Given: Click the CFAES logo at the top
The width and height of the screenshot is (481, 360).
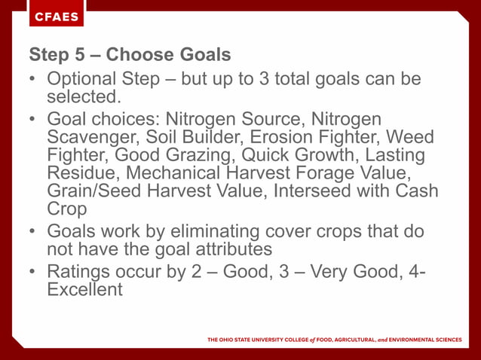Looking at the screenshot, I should (x=57, y=17).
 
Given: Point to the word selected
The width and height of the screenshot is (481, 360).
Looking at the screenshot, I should (x=84, y=96).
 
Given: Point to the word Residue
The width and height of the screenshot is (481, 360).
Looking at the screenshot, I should (x=84, y=173).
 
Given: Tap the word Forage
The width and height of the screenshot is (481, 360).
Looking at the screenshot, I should (x=342, y=173).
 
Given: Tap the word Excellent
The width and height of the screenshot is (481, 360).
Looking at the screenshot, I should (x=84, y=288).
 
